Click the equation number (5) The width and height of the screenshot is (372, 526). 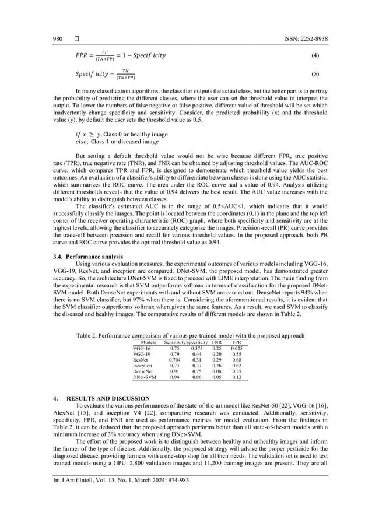315,75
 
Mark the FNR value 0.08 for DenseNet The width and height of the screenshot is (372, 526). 216,371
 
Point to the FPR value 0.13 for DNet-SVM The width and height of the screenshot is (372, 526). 237,377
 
